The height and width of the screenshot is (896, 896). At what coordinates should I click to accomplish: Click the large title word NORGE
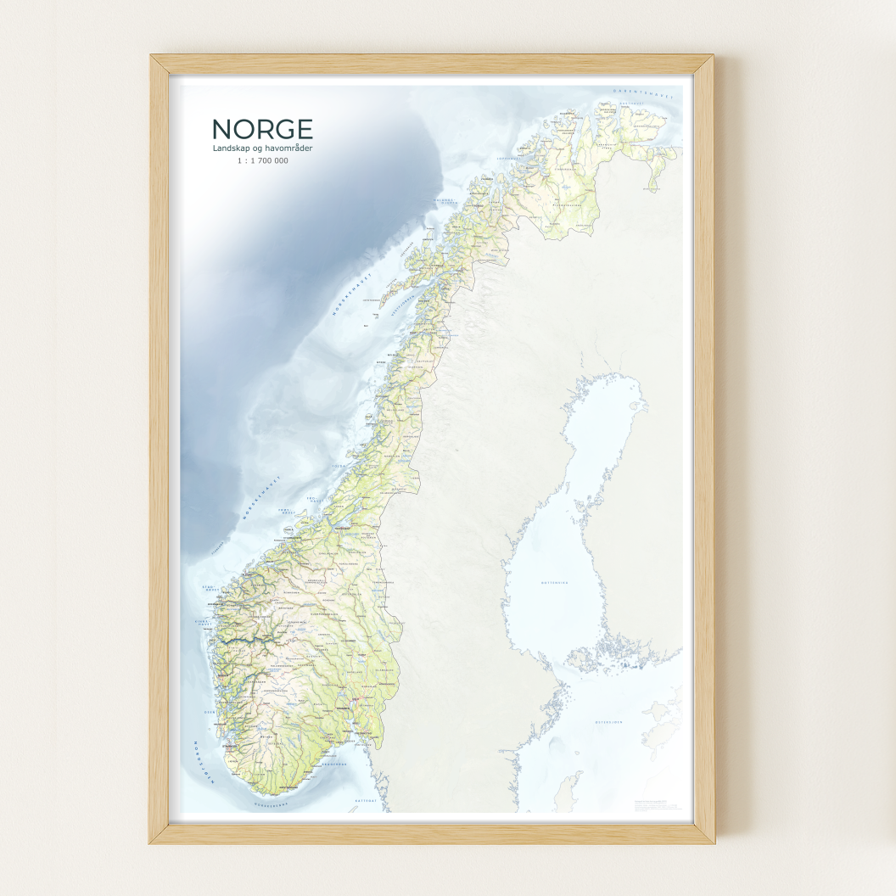(262, 129)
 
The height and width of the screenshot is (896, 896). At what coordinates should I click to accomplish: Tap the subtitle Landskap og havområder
(262, 149)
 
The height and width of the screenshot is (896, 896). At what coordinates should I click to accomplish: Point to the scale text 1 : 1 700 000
(262, 160)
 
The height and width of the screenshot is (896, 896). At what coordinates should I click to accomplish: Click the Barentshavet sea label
(645, 95)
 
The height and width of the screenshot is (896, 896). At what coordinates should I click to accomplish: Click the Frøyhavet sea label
(291, 512)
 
